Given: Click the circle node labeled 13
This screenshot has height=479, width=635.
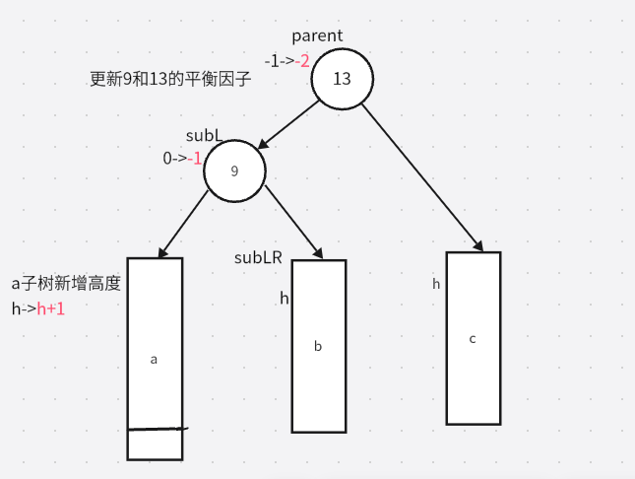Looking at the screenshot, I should [x=342, y=78].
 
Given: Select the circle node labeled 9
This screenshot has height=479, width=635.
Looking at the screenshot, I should [x=234, y=171].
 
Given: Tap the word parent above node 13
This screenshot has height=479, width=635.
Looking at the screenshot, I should [x=317, y=35].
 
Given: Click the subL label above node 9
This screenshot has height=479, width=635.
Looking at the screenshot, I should [x=204, y=134].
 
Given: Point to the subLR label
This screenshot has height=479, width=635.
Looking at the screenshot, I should [x=258, y=258].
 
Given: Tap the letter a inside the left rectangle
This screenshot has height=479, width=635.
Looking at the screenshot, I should [x=154, y=360].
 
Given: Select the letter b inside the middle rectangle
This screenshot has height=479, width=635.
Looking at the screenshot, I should [x=317, y=346].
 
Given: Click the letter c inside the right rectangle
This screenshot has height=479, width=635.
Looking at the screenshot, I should [x=473, y=338].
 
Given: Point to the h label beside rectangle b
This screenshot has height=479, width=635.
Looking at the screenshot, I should [x=284, y=298].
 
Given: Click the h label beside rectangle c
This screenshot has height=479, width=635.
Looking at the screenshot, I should [x=436, y=284].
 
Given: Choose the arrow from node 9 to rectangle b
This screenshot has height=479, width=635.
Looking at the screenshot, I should [x=293, y=219].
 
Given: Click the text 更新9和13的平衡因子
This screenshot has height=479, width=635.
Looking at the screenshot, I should [x=170, y=79].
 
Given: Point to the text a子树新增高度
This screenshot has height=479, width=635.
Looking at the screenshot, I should [x=66, y=284].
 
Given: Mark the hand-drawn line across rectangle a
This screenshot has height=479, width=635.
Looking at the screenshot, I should [x=156, y=430].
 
